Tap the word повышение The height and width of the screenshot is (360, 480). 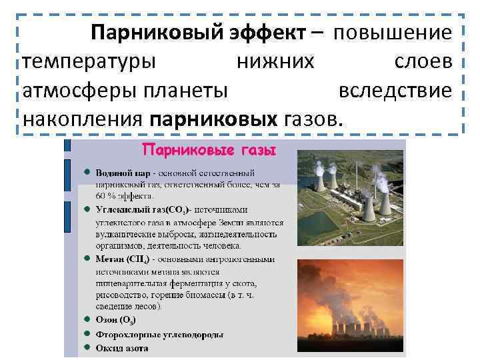(x=393, y=33)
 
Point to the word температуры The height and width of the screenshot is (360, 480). (x=89, y=61)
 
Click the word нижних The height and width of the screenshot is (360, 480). (x=275, y=61)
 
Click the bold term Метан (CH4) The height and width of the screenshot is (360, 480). (x=127, y=259)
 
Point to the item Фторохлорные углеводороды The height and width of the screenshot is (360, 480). (x=159, y=335)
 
